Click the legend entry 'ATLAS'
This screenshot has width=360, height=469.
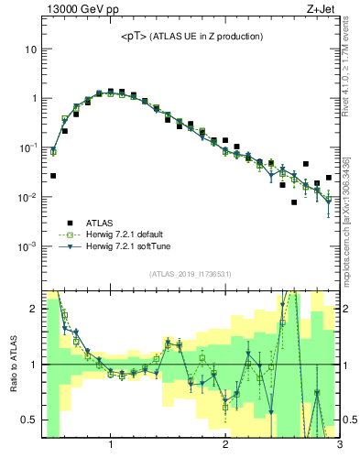click(101, 222)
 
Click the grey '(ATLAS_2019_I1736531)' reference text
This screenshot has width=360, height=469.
click(190, 273)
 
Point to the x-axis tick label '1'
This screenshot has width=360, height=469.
click(111, 446)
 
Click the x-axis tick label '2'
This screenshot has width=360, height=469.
click(225, 446)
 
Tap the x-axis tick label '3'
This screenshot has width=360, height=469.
click(339, 446)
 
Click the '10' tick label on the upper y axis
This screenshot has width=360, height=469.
click(31, 48)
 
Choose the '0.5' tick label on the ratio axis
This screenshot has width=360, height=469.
click(28, 420)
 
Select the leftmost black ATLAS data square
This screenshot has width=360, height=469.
click(53, 175)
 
